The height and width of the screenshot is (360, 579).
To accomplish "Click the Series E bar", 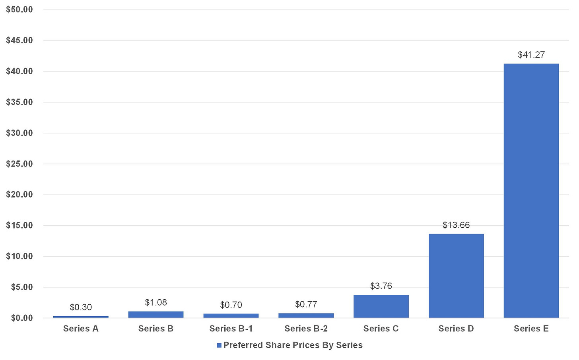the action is (531, 191).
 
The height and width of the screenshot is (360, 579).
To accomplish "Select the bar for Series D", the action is (456, 276).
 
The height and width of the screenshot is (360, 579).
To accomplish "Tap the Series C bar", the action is (381, 306).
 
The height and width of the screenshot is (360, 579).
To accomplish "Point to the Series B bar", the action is (156, 315).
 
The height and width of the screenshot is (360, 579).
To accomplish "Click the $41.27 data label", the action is (531, 55).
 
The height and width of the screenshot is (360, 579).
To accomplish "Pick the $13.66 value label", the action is (456, 225).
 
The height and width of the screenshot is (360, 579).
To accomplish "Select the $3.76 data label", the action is (381, 286).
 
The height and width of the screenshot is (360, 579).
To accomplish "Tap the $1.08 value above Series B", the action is (156, 302).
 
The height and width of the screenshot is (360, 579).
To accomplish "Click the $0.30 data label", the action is (81, 307).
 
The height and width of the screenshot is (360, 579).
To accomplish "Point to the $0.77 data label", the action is (306, 304).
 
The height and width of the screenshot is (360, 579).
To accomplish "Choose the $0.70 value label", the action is (231, 305).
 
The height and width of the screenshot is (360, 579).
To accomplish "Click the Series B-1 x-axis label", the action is (231, 329).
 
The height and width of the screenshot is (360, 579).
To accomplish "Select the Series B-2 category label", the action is (306, 329).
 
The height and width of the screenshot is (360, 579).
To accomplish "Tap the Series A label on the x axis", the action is (81, 329).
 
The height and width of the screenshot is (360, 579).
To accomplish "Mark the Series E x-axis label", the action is (531, 329).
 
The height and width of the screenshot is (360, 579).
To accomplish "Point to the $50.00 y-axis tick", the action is (19, 10).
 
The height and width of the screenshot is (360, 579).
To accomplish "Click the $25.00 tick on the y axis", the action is (19, 164).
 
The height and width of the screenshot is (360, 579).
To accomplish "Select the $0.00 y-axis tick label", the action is (22, 318).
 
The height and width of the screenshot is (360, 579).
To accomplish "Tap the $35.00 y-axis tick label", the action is (19, 102).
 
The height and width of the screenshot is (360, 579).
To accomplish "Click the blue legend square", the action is (219, 346).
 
